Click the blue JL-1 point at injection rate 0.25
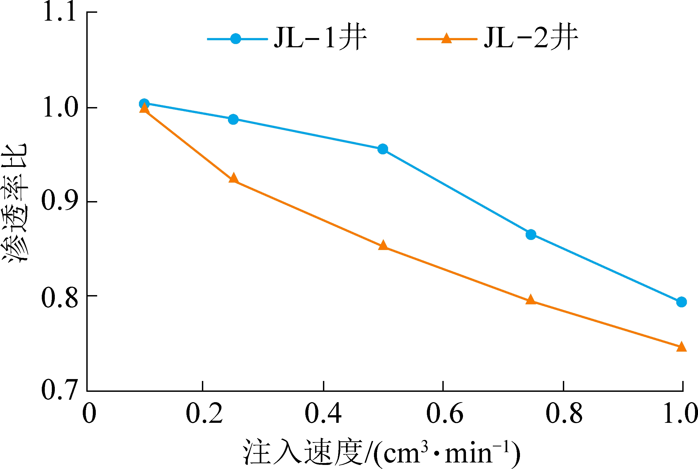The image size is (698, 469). point(233,119)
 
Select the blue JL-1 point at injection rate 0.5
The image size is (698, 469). point(383,149)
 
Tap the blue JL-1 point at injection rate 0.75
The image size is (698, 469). point(531,234)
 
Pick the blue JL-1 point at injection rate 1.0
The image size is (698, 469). point(681,302)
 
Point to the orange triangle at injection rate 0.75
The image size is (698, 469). point(531,299)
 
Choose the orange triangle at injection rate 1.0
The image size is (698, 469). point(681,347)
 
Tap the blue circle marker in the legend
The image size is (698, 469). point(236,39)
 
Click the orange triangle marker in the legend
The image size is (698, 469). point(446,39)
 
